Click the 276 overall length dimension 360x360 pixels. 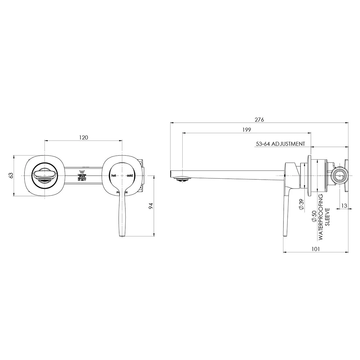pyautogui.click(x=259, y=119)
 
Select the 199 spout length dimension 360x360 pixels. pyautogui.click(x=247, y=130)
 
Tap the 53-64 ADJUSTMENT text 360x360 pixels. pyautogui.click(x=280, y=144)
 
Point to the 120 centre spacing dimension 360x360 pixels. pyautogui.click(x=83, y=137)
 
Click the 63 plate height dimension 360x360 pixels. pyautogui.click(x=11, y=175)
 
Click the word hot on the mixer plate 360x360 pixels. pyautogui.click(x=114, y=176)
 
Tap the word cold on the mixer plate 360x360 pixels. pyautogui.click(x=130, y=176)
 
